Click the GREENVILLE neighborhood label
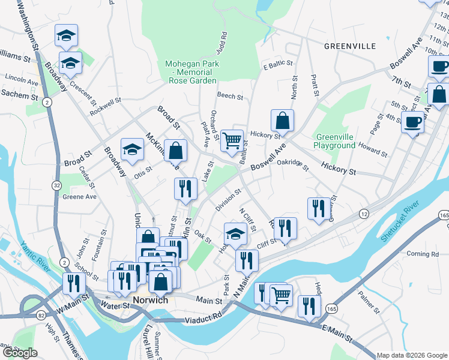pos(349,46)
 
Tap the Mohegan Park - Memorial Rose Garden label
pos(191,72)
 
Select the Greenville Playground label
pos(334,141)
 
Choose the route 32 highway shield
pos(56,186)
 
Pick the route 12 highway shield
pos(364,214)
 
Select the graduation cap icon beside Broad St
pos(132,150)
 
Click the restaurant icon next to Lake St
pos(185,188)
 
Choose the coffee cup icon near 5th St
pos(412,122)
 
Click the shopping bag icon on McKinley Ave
pos(174,150)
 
